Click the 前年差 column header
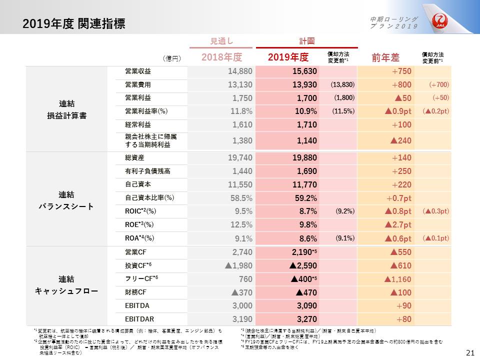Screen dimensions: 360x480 (x=384, y=57)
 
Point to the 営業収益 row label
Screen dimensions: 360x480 (x=138, y=71)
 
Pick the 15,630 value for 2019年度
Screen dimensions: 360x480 (x=304, y=71)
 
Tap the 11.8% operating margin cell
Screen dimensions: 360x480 (x=240, y=111)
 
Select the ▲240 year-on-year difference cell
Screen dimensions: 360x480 (x=400, y=141)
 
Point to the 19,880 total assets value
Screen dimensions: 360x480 (x=304, y=158)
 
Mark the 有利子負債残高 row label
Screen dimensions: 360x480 (x=147, y=171)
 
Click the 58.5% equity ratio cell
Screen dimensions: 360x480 (x=240, y=197)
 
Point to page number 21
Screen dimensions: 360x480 (x=469, y=352)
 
